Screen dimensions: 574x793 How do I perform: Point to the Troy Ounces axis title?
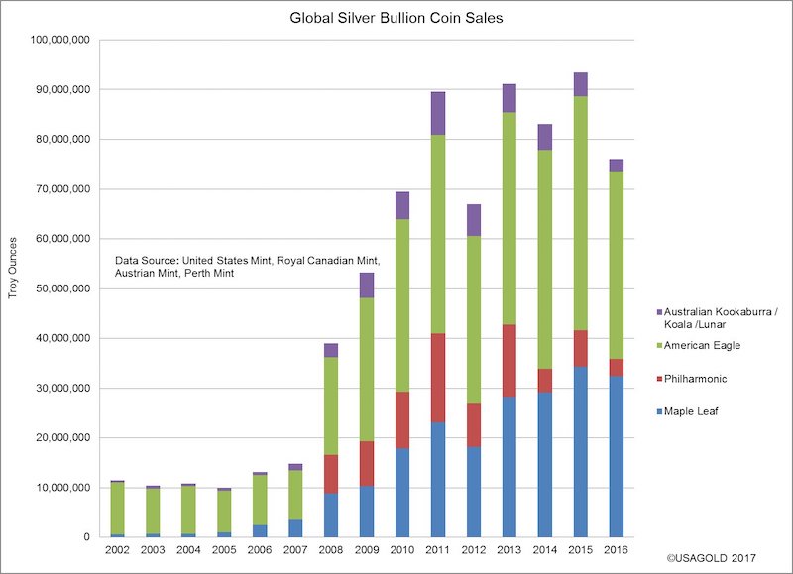[13, 288]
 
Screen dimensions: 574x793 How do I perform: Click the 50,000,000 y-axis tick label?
[61, 288]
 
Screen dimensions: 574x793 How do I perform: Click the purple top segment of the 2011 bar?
[437, 113]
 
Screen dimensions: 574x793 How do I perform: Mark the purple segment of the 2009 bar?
[366, 285]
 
